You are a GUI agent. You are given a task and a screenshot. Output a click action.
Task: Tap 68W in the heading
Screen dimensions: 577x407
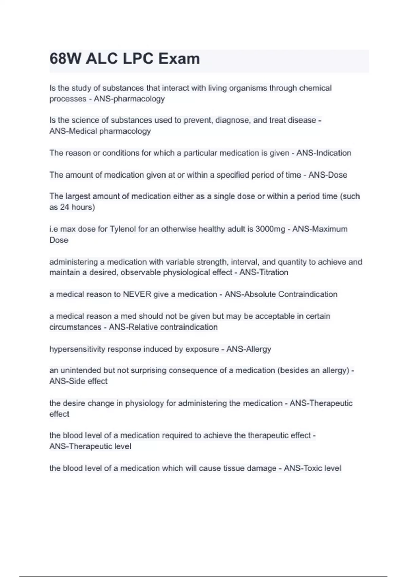(65, 59)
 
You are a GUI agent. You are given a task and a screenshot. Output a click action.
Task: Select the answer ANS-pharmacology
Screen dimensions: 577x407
(129, 99)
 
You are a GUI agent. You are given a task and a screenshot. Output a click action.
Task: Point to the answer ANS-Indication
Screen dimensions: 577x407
(324, 153)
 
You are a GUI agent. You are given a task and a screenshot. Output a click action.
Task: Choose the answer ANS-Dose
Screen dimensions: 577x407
(328, 175)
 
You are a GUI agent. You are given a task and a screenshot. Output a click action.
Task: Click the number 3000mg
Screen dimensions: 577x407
(270, 229)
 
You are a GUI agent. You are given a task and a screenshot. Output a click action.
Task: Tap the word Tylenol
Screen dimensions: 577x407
(122, 229)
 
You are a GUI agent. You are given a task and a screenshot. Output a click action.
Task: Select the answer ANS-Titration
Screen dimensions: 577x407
(264, 272)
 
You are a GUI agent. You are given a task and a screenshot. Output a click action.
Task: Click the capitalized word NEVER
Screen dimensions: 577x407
(137, 294)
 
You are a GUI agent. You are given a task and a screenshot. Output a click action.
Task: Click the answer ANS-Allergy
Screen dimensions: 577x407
(249, 349)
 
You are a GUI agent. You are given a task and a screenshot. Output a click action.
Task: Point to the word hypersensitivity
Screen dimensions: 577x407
(77, 349)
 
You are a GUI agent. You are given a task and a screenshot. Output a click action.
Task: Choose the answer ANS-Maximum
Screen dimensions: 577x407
(320, 229)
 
